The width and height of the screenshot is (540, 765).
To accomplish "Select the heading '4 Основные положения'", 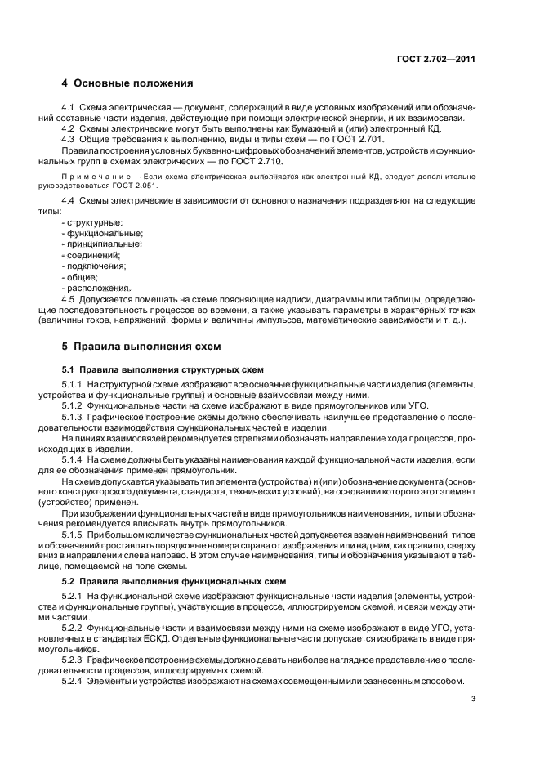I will click(127, 83).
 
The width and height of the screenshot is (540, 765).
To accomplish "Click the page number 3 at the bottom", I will click(474, 699).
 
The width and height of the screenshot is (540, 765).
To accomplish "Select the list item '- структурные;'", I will click(92, 222).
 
